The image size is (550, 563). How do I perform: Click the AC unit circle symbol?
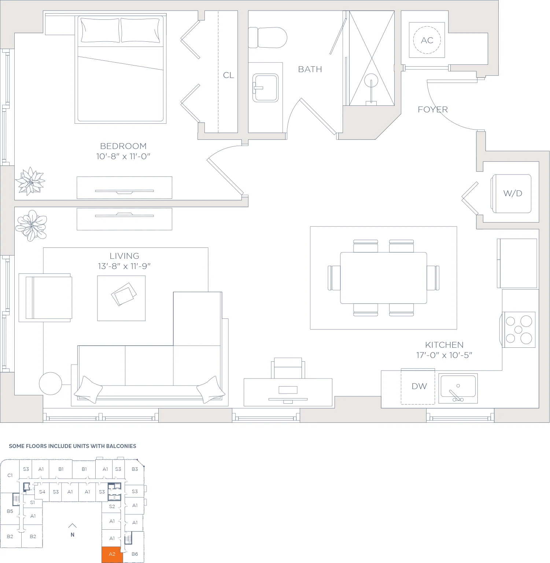pos(427,40)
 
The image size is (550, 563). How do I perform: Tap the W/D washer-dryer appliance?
pos(511,194)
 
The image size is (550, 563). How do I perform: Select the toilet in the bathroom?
pos(267,37)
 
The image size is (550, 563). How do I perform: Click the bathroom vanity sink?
pos(265,88)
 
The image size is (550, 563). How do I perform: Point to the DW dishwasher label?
pos(419,386)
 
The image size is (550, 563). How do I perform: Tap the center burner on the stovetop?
pos(518,330)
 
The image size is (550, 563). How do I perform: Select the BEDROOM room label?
pos(123,146)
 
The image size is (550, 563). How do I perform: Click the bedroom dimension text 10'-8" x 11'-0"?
pos(123,156)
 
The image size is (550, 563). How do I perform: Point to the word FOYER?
pos(433,109)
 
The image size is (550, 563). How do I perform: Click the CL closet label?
pos(228,75)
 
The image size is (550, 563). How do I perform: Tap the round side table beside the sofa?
pos(51,384)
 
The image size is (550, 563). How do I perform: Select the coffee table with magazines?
pos(121,298)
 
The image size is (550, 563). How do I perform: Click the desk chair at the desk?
pos(288,368)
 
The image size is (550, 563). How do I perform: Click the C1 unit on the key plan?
pos(10,476)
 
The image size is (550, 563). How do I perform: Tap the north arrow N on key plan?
pos(73,530)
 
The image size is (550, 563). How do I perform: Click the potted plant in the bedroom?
pos(30,181)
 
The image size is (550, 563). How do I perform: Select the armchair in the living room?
pos(45,298)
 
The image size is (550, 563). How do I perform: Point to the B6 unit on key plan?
pos(134,554)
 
